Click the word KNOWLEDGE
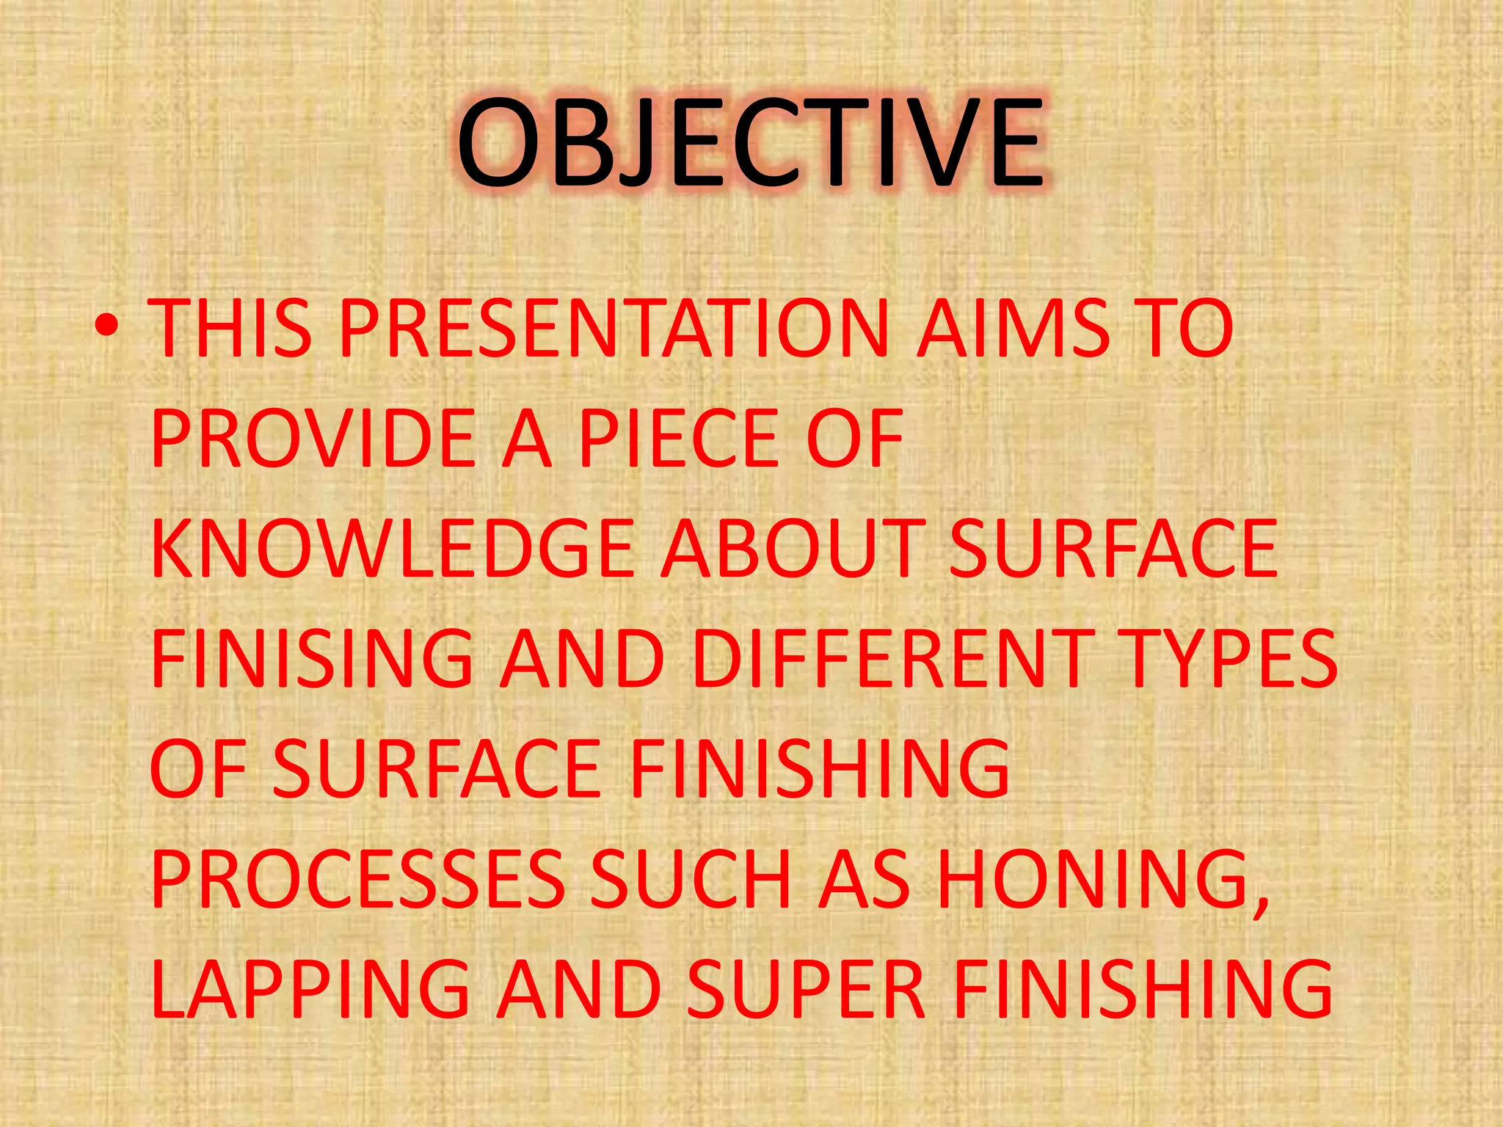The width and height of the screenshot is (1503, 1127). [x=393, y=548]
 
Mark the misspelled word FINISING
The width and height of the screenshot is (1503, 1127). [x=312, y=658]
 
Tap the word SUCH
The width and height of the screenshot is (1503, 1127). [x=691, y=878]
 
